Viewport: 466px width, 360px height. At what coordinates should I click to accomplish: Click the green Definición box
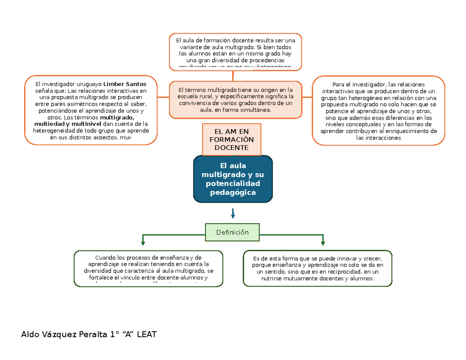point(232,232)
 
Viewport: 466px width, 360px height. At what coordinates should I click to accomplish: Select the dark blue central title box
point(233,179)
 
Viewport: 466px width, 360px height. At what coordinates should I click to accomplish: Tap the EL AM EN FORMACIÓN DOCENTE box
point(232,139)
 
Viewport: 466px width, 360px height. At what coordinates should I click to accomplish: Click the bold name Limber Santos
point(125,84)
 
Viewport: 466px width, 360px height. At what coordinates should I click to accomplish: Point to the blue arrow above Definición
point(233,213)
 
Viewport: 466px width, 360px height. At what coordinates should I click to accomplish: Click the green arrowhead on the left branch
point(143,243)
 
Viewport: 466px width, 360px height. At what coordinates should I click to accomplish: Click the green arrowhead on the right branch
point(323,243)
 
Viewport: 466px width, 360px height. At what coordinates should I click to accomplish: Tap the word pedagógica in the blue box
point(233,193)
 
